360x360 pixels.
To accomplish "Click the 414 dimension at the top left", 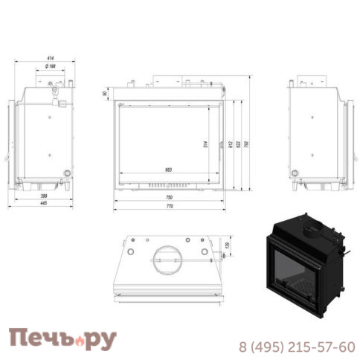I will tap(50, 58).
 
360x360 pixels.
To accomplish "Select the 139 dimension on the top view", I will tap(226, 246).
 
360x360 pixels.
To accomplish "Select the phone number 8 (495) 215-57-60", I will tap(297, 347).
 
